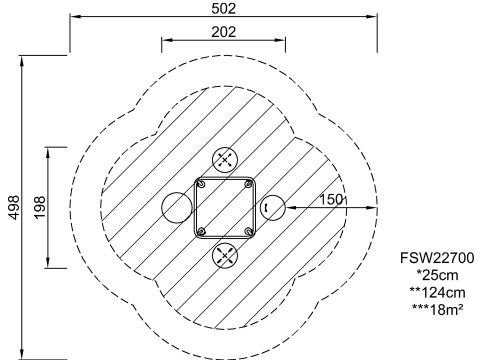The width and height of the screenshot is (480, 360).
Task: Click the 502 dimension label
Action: click(x=224, y=8)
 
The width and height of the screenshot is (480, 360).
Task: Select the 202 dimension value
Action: click(x=224, y=32)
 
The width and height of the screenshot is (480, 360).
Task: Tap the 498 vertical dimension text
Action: click(x=14, y=207)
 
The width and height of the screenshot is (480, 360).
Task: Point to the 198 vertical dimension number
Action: click(x=40, y=207)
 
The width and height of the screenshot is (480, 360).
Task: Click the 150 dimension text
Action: click(x=331, y=199)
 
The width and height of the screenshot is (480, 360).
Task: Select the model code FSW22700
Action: click(x=437, y=258)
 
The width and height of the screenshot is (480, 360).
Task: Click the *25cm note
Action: click(x=437, y=275)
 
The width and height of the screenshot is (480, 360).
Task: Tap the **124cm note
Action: click(x=437, y=292)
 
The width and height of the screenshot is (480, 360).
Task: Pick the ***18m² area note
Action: click(x=437, y=310)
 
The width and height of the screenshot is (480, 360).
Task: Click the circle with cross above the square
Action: click(x=225, y=160)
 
